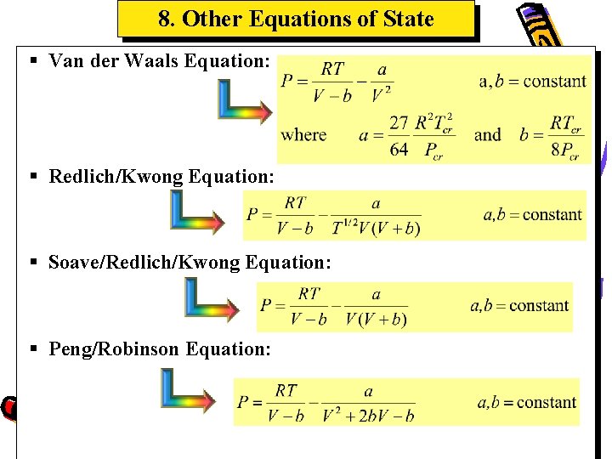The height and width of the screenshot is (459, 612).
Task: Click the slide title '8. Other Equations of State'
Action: pyautogui.click(x=296, y=19)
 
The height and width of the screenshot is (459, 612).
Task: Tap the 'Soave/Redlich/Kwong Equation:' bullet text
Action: pyautogui.click(x=190, y=263)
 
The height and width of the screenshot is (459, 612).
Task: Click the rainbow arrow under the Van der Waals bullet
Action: pyautogui.click(x=243, y=101)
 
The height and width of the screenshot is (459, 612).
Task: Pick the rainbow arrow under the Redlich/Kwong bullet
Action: pyautogui.click(x=196, y=212)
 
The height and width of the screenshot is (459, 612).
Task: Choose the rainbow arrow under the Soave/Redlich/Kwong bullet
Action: pyautogui.click(x=212, y=299)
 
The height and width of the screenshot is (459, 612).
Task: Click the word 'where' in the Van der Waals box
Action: pyautogui.click(x=303, y=134)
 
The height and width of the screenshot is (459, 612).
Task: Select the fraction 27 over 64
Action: pyautogui.click(x=399, y=136)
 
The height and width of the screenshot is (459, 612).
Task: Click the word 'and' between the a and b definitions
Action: pyautogui.click(x=487, y=134)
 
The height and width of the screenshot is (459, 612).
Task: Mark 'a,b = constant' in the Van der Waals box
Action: pyautogui.click(x=532, y=82)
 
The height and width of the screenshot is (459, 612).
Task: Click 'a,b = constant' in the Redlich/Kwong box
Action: pyautogui.click(x=532, y=215)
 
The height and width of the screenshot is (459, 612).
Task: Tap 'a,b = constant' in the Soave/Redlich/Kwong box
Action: pyautogui.click(x=519, y=305)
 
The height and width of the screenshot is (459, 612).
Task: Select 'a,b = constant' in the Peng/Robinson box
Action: pyautogui.click(x=526, y=402)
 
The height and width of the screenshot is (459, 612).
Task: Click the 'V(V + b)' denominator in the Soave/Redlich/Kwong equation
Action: pyautogui.click(x=376, y=319)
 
